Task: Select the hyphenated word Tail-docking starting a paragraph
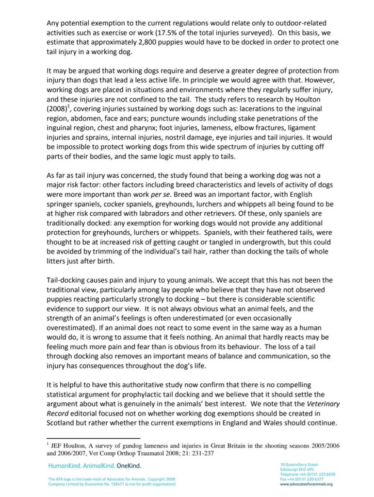click(66, 281)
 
